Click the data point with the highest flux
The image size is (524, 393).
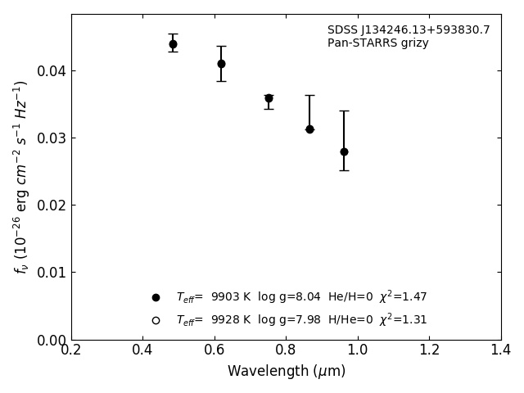coord(173,44)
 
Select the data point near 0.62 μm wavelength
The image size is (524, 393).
coord(221,64)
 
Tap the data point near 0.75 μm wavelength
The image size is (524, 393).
coord(269,98)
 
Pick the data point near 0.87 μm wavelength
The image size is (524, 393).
coord(309,129)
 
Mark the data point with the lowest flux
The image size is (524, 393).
coord(344,151)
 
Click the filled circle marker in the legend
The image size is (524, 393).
coord(156,297)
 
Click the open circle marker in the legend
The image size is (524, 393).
coord(156,320)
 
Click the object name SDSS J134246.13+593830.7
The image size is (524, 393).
coord(409,30)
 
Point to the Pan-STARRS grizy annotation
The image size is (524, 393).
coord(377,43)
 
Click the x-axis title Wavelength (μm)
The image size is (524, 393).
coord(286,372)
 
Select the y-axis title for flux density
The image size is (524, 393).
coord(21,177)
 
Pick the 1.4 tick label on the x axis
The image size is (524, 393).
coord(500,350)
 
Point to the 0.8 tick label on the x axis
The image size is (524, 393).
coord(286,350)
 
